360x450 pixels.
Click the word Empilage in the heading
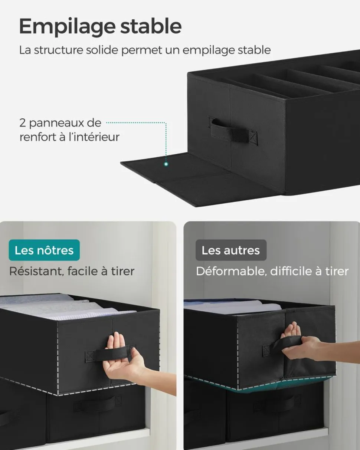[x=67, y=27]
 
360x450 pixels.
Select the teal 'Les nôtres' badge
[x=44, y=250]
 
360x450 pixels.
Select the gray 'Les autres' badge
[x=231, y=250]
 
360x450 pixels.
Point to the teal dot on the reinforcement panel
[x=166, y=164]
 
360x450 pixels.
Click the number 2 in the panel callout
[x=22, y=123]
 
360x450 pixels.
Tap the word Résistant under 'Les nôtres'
[x=36, y=272]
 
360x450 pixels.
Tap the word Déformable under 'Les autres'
[x=231, y=272]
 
